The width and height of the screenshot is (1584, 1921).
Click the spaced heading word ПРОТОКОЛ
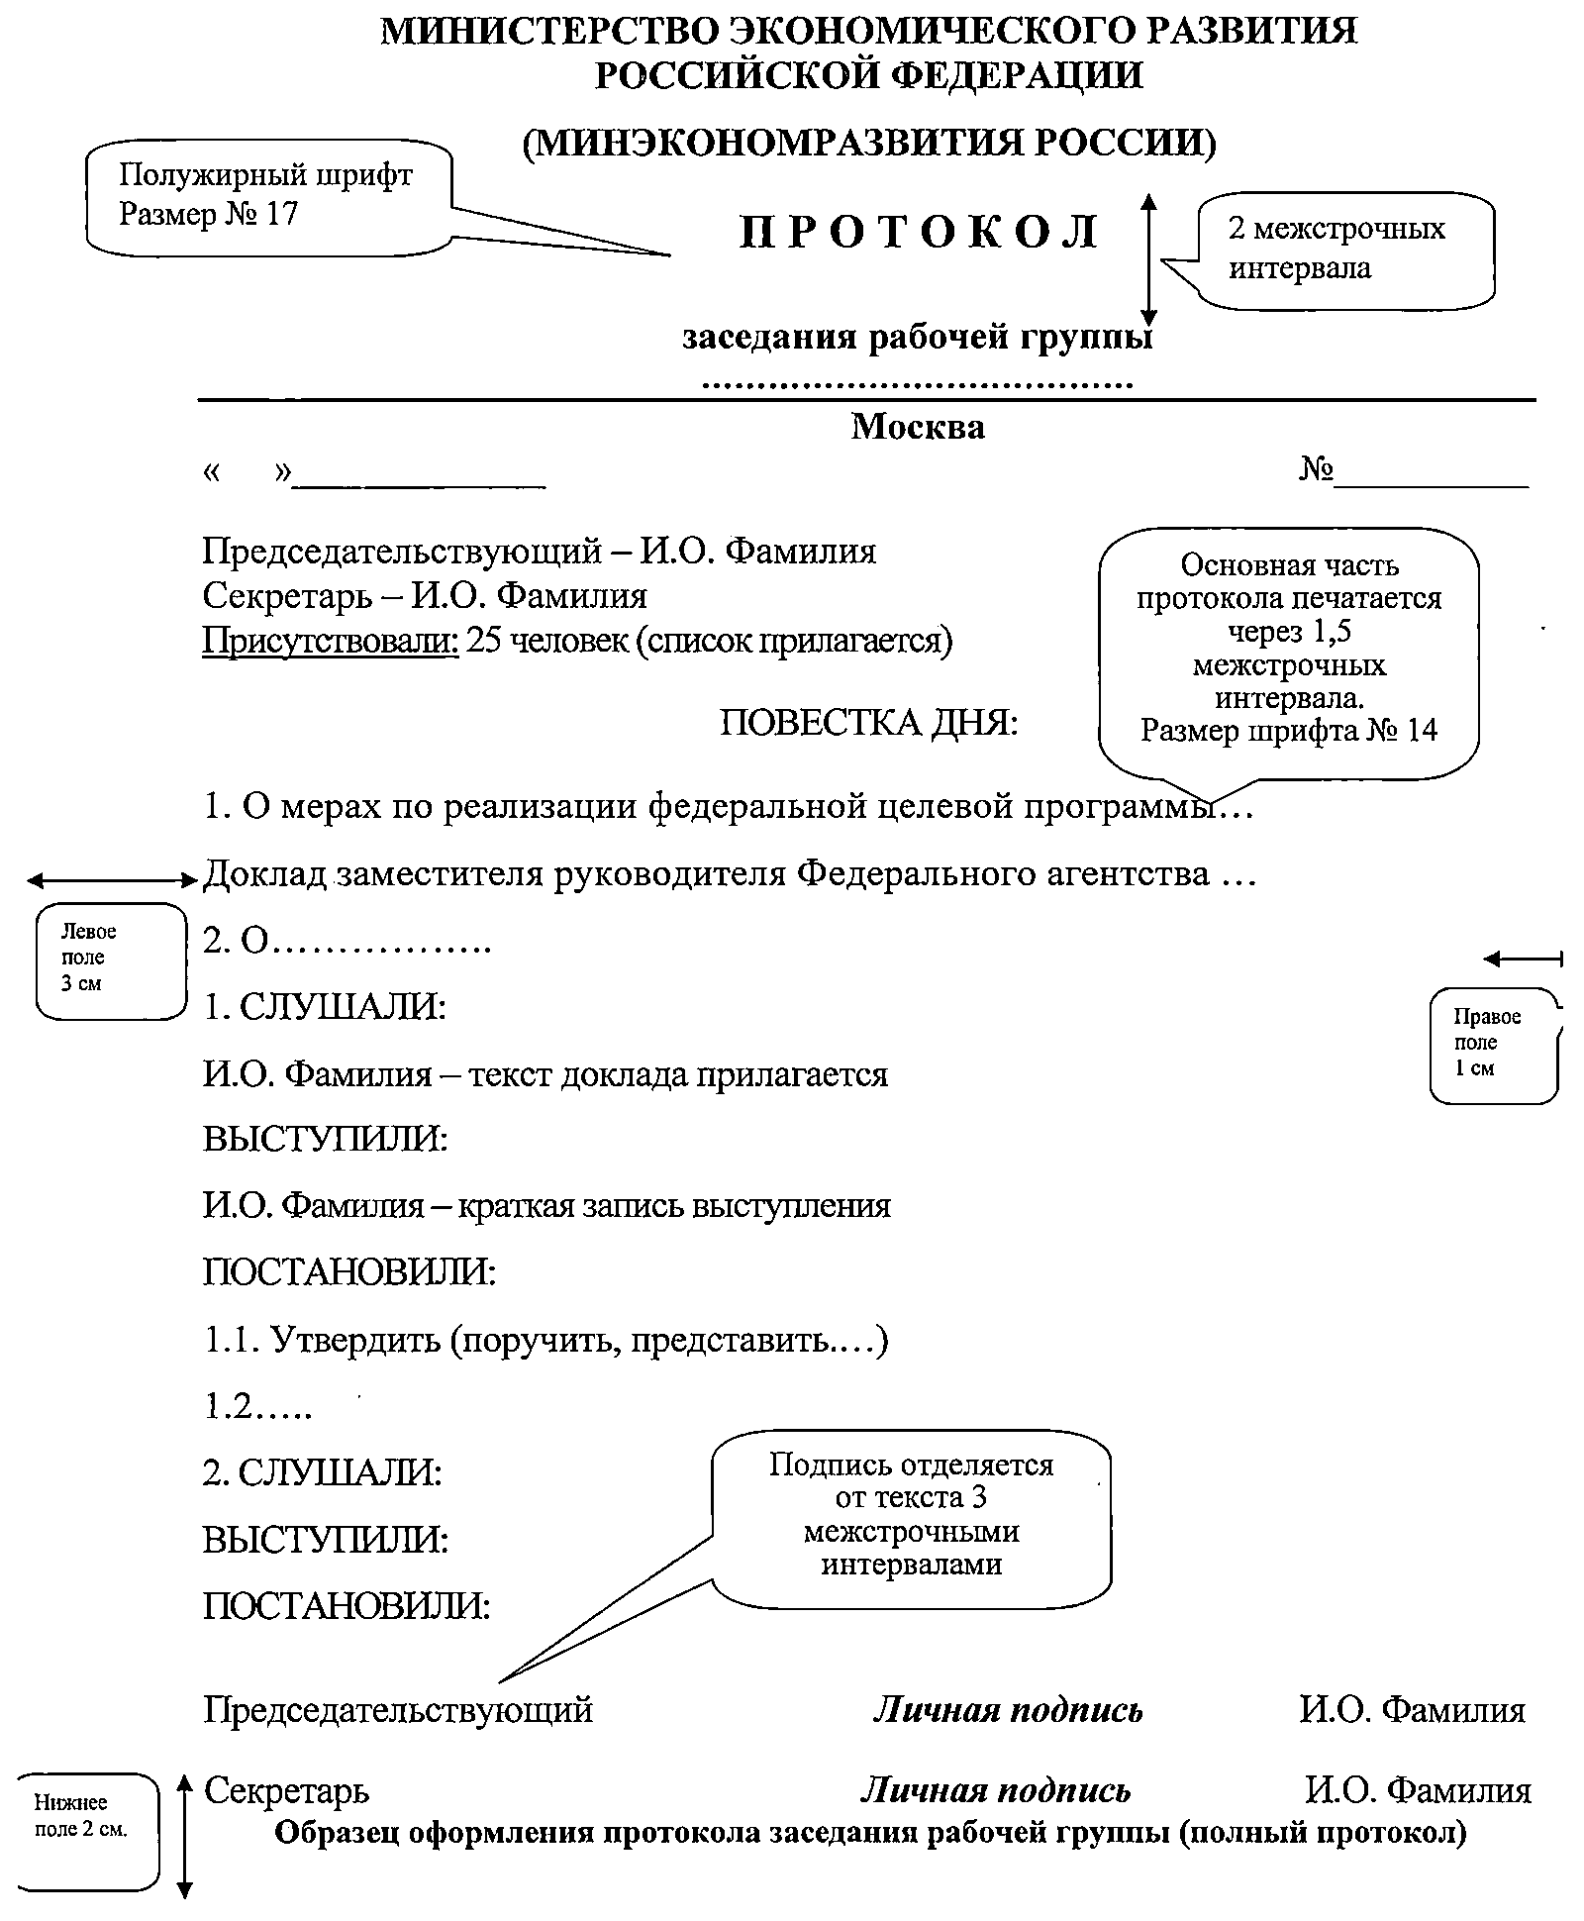coord(919,233)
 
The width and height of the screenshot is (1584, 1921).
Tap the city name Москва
coord(918,427)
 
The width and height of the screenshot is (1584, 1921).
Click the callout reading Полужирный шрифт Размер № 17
coord(267,196)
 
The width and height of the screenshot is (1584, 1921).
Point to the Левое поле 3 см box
coord(110,959)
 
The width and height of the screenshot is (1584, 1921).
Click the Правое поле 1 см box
coord(1492,1044)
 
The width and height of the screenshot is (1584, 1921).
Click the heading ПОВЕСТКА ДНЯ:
coord(868,724)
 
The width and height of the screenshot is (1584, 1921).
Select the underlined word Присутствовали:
coord(331,642)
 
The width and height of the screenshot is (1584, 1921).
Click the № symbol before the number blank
coord(1316,468)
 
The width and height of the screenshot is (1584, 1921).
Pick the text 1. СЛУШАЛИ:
coord(325,1008)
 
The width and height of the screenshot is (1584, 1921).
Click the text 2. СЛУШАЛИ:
coord(323,1472)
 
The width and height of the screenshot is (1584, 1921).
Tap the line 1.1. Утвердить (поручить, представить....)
coord(545,1341)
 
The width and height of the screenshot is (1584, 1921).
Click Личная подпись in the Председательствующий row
coord(1008,1710)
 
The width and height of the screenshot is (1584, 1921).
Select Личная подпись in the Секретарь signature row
coord(995,1790)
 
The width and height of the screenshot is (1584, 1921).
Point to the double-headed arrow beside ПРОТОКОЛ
coord(1147,259)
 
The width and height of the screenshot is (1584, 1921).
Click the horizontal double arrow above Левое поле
coord(113,879)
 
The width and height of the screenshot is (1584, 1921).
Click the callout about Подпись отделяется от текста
coord(911,1515)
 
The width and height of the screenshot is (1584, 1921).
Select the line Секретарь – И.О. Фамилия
coord(425,596)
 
